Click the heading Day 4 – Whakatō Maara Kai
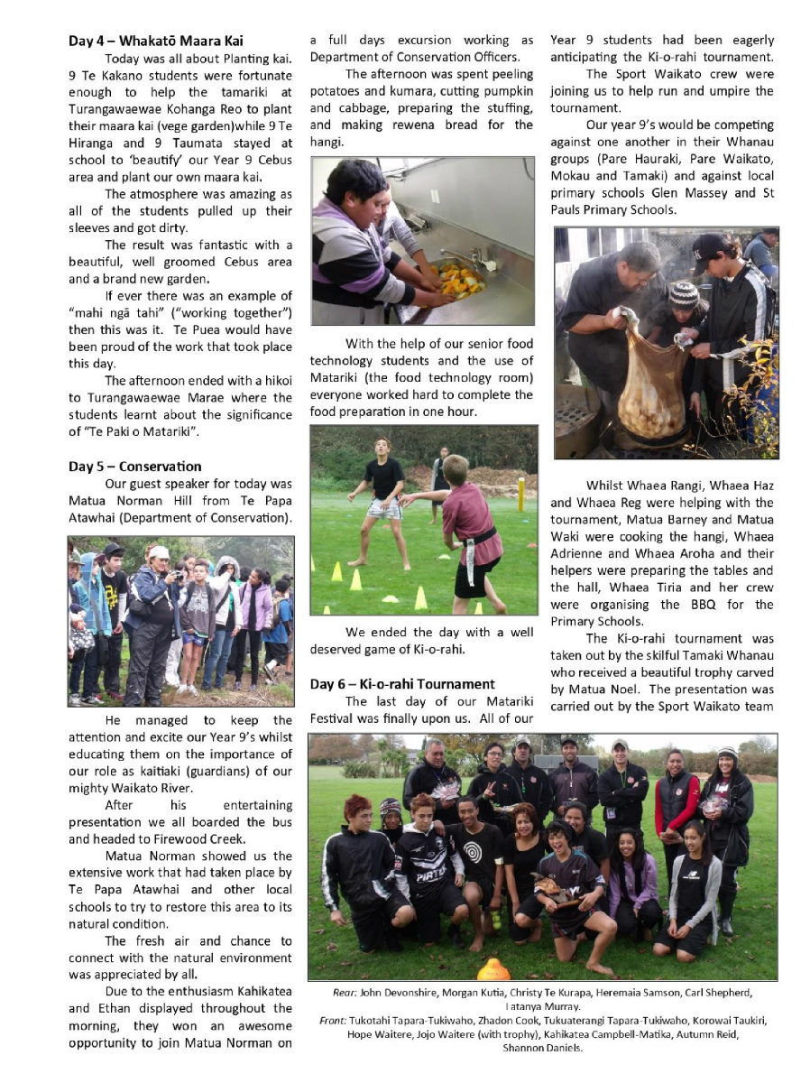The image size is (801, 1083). (156, 42)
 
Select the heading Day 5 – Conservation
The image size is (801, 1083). (135, 467)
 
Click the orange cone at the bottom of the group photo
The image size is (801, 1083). (493, 970)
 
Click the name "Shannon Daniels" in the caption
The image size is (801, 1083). (543, 1049)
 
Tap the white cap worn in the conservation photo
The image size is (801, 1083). (159, 552)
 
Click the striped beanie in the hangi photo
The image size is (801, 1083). (683, 293)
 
